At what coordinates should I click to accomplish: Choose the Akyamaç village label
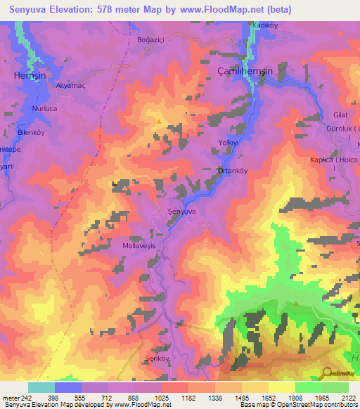(x=71, y=86)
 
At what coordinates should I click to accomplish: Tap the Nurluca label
(x=47, y=109)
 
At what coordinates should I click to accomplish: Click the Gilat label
(x=340, y=115)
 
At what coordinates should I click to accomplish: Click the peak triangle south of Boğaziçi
(x=159, y=122)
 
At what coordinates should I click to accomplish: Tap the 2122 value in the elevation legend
(x=348, y=398)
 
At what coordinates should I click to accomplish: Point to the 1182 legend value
(x=188, y=398)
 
